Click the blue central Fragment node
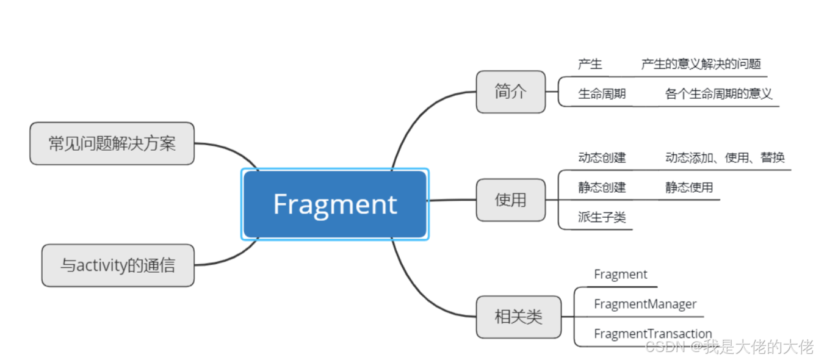pyautogui.click(x=334, y=204)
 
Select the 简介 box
pyautogui.click(x=510, y=92)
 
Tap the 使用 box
pyautogui.click(x=510, y=200)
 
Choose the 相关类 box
pyautogui.click(x=518, y=317)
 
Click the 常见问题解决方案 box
pyautogui.click(x=112, y=143)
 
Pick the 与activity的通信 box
pyautogui.click(x=118, y=265)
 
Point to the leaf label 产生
pyautogui.click(x=590, y=64)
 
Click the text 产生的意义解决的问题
pyautogui.click(x=701, y=64)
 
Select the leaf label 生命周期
pyautogui.click(x=602, y=94)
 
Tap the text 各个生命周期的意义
pyautogui.click(x=718, y=94)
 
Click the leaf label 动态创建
pyautogui.click(x=602, y=157)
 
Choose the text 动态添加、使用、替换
pyautogui.click(x=724, y=157)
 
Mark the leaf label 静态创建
pyautogui.click(x=602, y=187)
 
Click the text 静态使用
pyautogui.click(x=689, y=187)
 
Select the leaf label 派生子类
pyautogui.click(x=602, y=217)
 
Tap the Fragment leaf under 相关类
pyautogui.click(x=620, y=275)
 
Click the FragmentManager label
pyautogui.click(x=644, y=304)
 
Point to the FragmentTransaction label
pyautogui.click(x=652, y=334)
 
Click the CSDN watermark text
pyautogui.click(x=729, y=347)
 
